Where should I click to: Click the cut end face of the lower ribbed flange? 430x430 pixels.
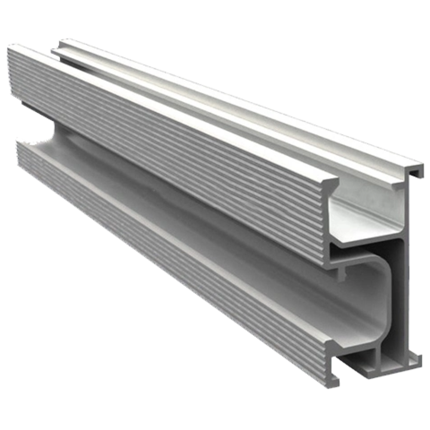[329, 361]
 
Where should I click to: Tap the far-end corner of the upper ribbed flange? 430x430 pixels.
[13, 48]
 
